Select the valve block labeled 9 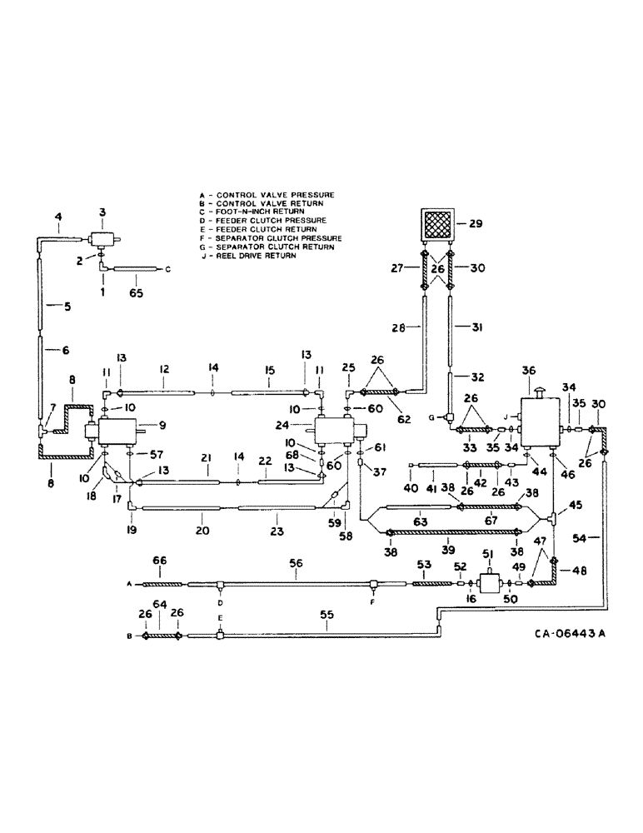coord(116,432)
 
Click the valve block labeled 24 coord(334,431)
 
